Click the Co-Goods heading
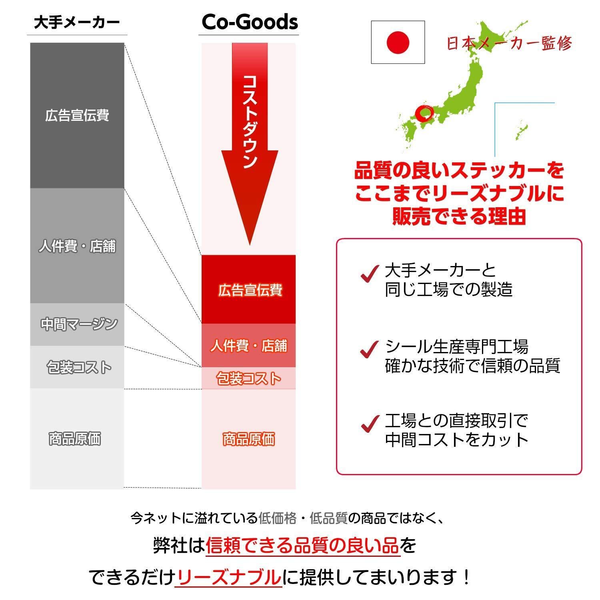pos(250,22)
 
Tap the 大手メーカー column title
pos(77,22)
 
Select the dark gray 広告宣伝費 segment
pos(77,115)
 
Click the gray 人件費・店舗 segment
pos(77,246)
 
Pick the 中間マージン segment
pos(77,324)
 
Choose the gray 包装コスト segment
pos(77,367)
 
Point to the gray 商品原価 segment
pos(77,438)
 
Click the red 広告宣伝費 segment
pos(249,290)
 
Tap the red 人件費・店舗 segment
pos(249,346)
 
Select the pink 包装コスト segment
pos(249,378)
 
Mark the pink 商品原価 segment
pos(249,439)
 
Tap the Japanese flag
pos(398,42)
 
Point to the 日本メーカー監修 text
pos(509,43)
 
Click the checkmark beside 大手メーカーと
pos(369,274)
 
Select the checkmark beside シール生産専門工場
pos(369,349)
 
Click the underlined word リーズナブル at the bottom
pos(228,577)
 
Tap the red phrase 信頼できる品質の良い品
pos(302,545)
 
